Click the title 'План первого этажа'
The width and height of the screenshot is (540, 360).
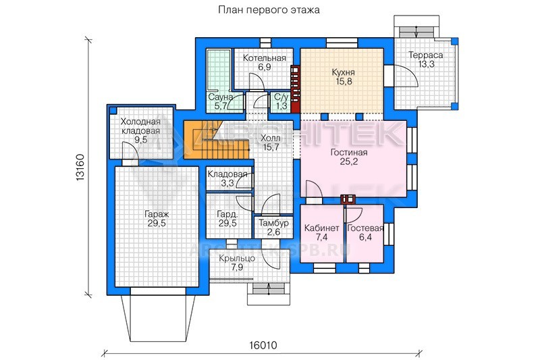269,9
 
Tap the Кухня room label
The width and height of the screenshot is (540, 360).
343,72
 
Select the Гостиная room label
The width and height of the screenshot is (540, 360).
349,152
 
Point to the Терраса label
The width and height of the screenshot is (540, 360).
426,55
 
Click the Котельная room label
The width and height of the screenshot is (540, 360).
265,58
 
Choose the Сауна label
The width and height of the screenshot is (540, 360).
221,97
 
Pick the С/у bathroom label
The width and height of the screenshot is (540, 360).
281,97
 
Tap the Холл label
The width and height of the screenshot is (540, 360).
271,138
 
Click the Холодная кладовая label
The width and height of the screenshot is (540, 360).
140,126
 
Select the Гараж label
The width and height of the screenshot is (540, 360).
157,214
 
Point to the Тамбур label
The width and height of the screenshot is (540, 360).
274,224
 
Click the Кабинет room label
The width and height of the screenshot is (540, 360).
322,228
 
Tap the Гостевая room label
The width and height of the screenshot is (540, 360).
365,228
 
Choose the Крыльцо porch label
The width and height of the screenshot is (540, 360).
237,258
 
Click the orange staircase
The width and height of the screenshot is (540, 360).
215,140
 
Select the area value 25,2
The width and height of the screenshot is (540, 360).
349,161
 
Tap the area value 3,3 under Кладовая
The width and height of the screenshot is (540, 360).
227,183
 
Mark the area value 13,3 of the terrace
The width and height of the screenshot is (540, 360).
427,64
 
